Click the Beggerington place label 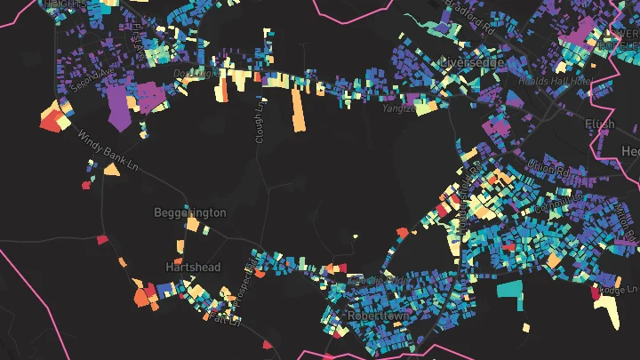[x=190, y=213]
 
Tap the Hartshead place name [x=192, y=267]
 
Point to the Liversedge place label [x=472, y=63]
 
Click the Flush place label [x=599, y=124]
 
